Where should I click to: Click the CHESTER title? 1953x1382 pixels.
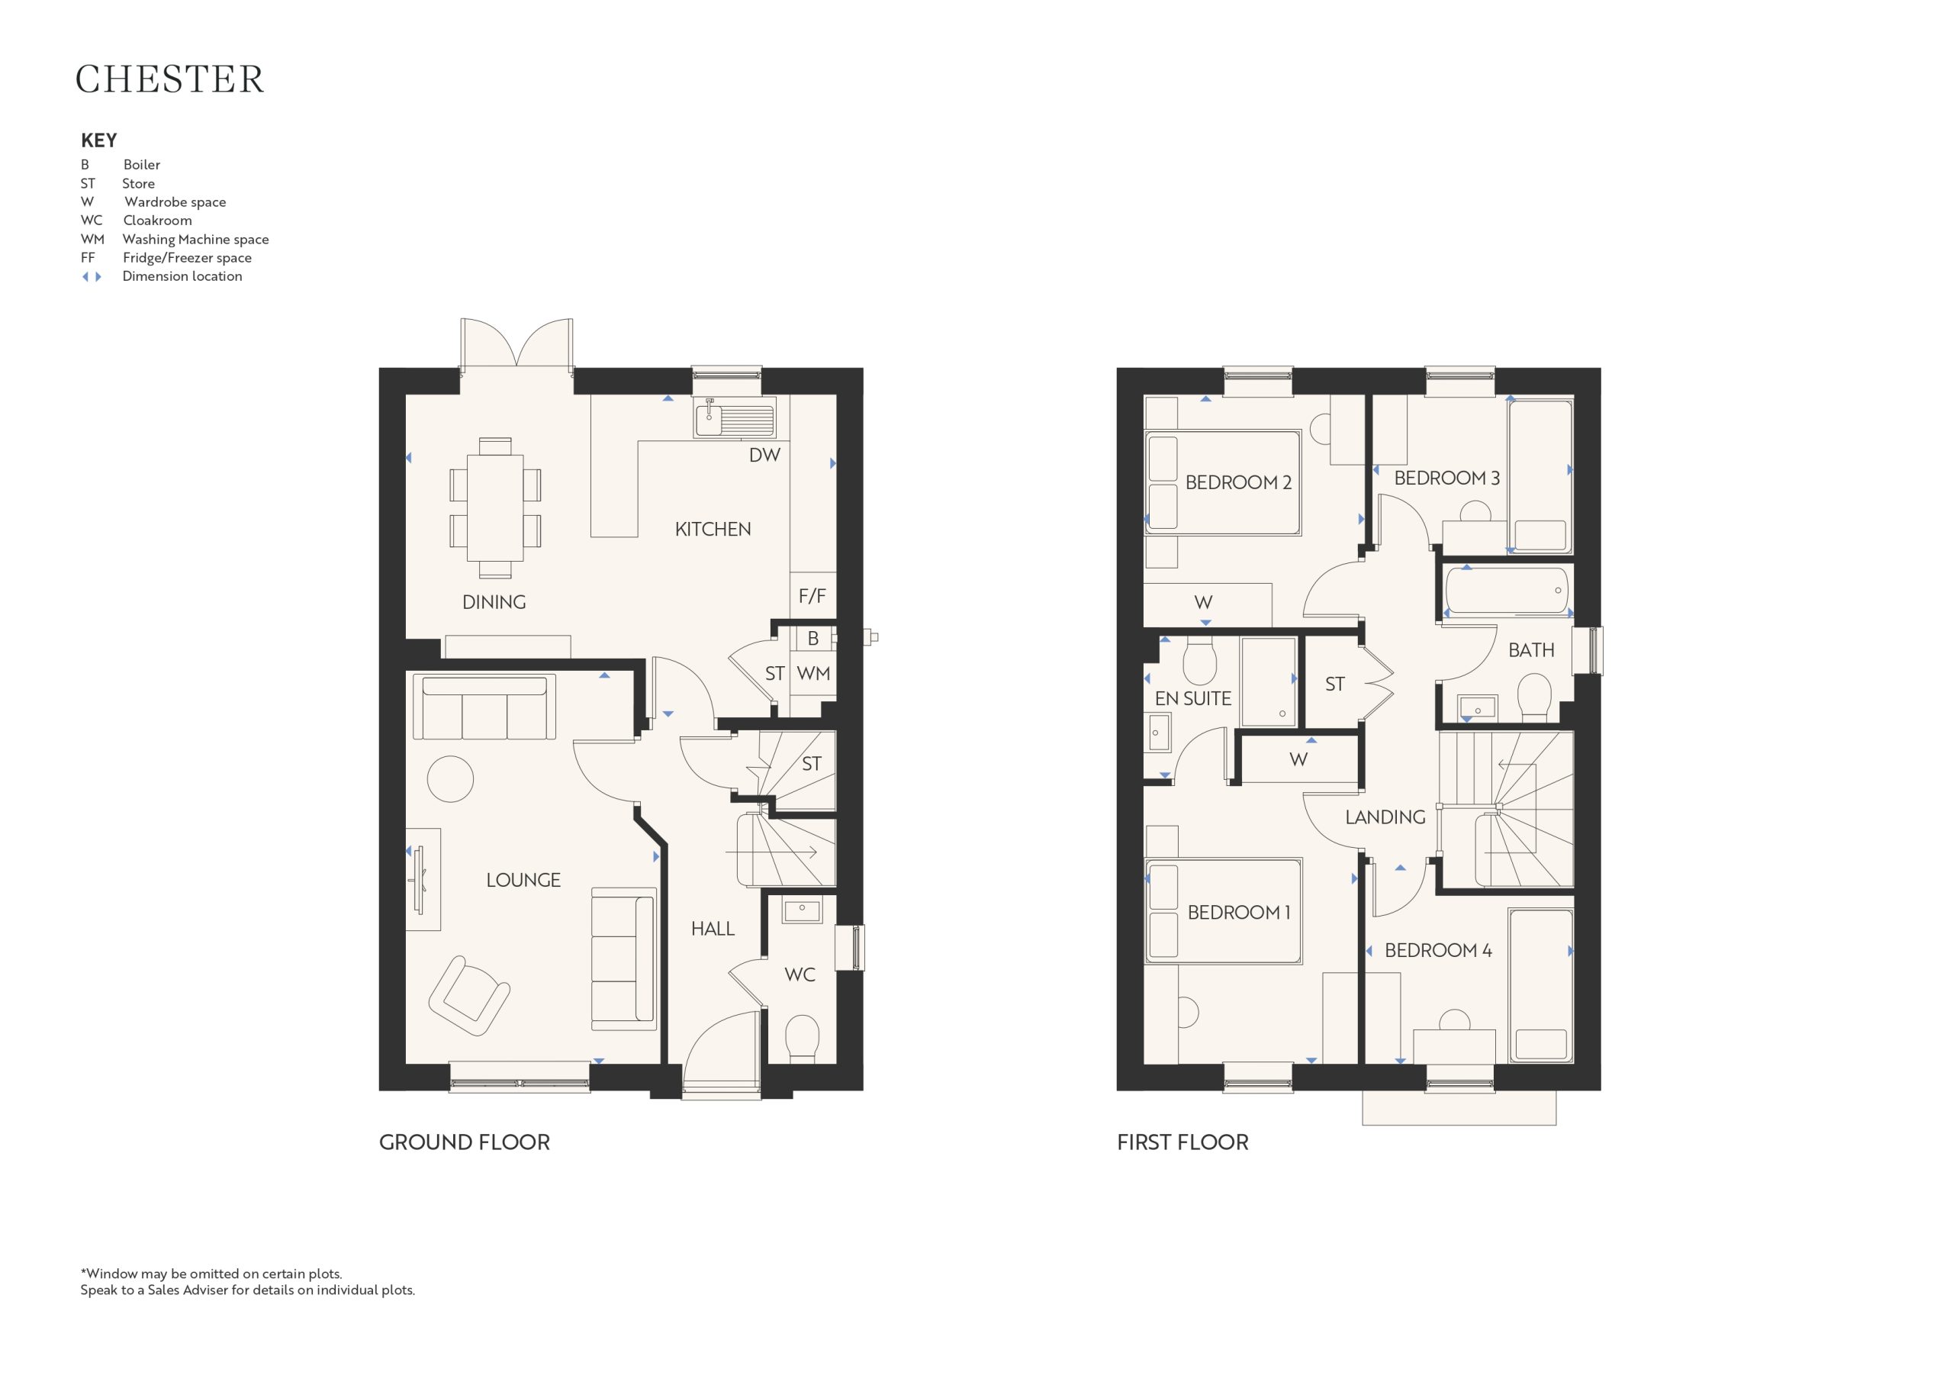[x=170, y=79]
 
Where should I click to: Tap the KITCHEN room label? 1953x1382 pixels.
[x=713, y=530]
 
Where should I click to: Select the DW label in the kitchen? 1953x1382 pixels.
[x=764, y=456]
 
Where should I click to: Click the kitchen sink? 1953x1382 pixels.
[x=734, y=419]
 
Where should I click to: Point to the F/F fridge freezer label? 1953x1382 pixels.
[x=812, y=596]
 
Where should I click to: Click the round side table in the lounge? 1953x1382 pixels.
[x=450, y=778]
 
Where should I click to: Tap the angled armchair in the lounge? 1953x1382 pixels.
[x=468, y=995]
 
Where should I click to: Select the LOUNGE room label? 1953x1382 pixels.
[x=523, y=880]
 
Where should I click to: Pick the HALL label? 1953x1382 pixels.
[x=713, y=929]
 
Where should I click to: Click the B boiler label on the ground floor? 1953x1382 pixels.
[x=813, y=638]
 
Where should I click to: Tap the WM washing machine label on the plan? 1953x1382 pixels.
[x=813, y=673]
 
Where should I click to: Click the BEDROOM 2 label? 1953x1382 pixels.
[x=1238, y=482]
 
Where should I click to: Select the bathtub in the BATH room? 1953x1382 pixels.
[x=1507, y=590]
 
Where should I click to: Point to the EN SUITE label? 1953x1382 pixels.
[x=1192, y=699]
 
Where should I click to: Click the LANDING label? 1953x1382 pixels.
[x=1385, y=817]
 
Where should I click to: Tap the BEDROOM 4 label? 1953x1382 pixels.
[x=1438, y=951]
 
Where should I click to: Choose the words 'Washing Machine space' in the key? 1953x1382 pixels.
[x=195, y=239]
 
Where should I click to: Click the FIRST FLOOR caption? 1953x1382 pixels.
[x=1182, y=1142]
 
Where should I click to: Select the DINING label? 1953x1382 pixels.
[x=494, y=603]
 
